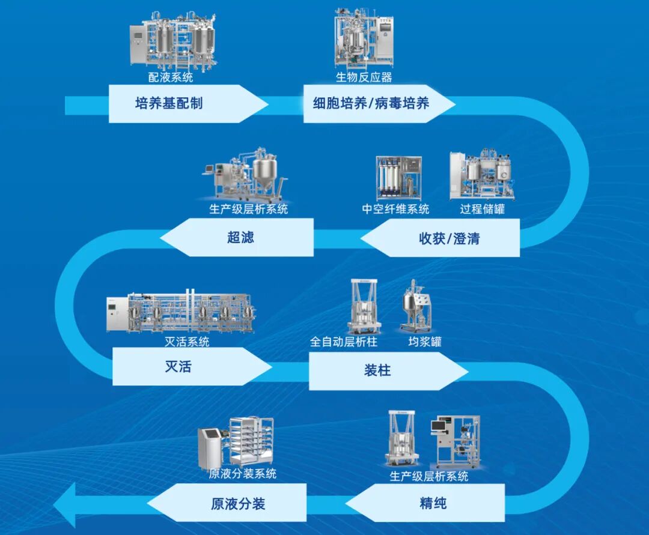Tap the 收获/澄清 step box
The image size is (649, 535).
click(448, 238)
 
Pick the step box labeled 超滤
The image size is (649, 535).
click(240, 237)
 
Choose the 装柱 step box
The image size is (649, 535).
click(379, 370)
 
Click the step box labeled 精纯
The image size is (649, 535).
click(433, 503)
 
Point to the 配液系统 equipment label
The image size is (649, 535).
click(171, 77)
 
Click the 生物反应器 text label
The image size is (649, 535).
click(364, 77)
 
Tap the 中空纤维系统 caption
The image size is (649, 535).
click(395, 209)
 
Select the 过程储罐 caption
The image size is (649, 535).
click(482, 209)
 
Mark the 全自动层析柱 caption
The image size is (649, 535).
click(344, 342)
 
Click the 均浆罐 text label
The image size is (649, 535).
click(424, 342)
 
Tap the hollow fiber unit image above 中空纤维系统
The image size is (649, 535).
click(398, 178)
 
